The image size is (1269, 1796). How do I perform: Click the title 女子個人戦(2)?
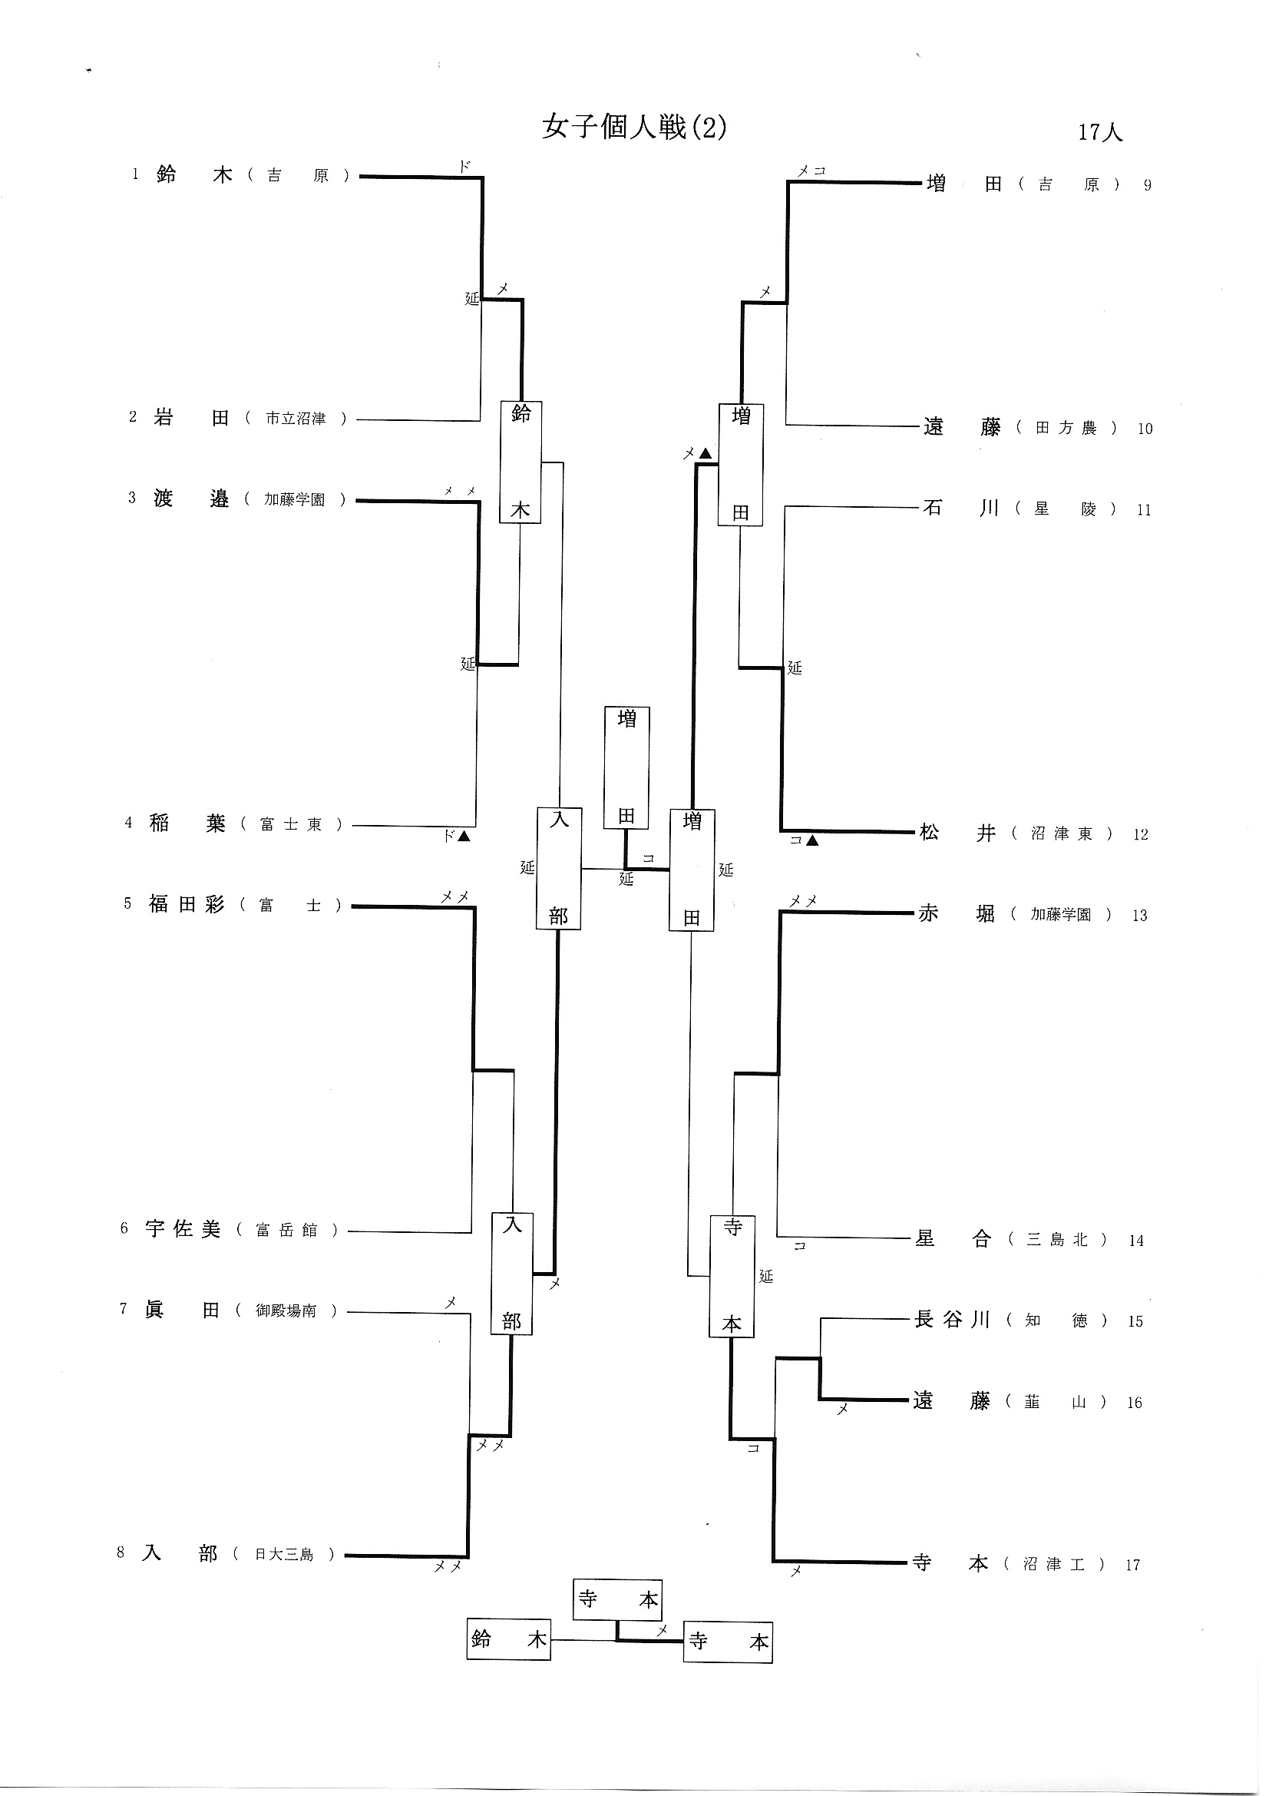(x=634, y=127)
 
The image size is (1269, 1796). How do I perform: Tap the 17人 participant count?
(x=1099, y=132)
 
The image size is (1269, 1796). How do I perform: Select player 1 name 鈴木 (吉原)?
(x=194, y=174)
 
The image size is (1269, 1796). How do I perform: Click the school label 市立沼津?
(x=295, y=419)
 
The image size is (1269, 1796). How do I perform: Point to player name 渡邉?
(x=191, y=499)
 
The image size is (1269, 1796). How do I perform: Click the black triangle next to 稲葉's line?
(x=464, y=837)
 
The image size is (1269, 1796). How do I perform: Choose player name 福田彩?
(x=186, y=904)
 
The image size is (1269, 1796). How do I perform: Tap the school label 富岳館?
(x=287, y=1230)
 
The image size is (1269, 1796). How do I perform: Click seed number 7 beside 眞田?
(x=123, y=1309)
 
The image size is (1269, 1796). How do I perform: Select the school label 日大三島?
(x=284, y=1554)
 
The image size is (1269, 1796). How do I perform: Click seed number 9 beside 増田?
(x=1147, y=185)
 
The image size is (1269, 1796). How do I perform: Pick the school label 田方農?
(x=1066, y=428)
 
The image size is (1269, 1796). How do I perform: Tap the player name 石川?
(x=960, y=508)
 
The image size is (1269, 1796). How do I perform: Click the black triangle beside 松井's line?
(x=812, y=841)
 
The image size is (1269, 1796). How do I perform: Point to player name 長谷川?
(x=951, y=1320)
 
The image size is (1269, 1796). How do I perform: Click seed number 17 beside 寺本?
(x=1132, y=1566)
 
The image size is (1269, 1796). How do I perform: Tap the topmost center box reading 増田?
(x=626, y=767)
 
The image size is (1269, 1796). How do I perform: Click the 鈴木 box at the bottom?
(x=508, y=1639)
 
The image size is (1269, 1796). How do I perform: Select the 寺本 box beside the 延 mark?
(x=731, y=1276)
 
